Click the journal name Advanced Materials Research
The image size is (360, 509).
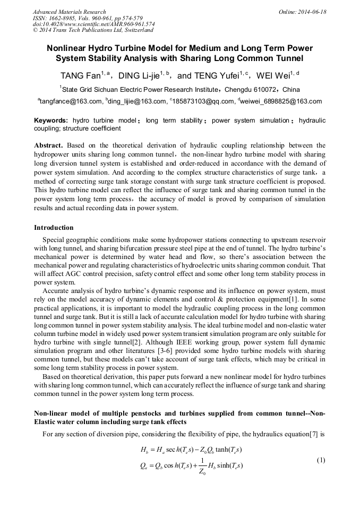click(69, 12)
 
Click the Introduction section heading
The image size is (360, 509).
click(54, 228)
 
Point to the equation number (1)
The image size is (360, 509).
click(321, 460)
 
